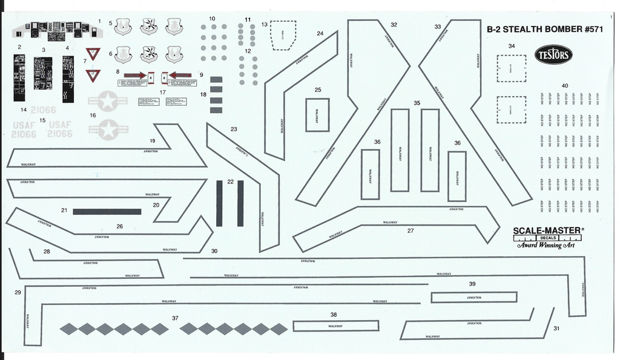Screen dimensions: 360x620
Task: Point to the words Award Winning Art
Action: [x=545, y=245]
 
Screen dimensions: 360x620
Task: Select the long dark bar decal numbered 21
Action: [x=107, y=212]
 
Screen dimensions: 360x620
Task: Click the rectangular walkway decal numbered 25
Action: [x=317, y=114]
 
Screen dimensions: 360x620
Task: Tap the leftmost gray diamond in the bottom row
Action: [x=69, y=329]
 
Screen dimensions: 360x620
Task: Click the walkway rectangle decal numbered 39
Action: [x=473, y=297]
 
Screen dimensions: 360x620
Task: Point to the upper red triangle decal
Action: [x=93, y=53]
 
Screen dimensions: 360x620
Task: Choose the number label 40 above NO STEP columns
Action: [x=564, y=86]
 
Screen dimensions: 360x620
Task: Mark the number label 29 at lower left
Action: [x=18, y=292]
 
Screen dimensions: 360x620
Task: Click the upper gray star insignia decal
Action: [x=107, y=101]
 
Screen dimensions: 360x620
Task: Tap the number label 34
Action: [x=512, y=46]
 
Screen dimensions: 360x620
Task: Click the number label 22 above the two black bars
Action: [x=230, y=182]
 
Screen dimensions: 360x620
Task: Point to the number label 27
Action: [x=411, y=231]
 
